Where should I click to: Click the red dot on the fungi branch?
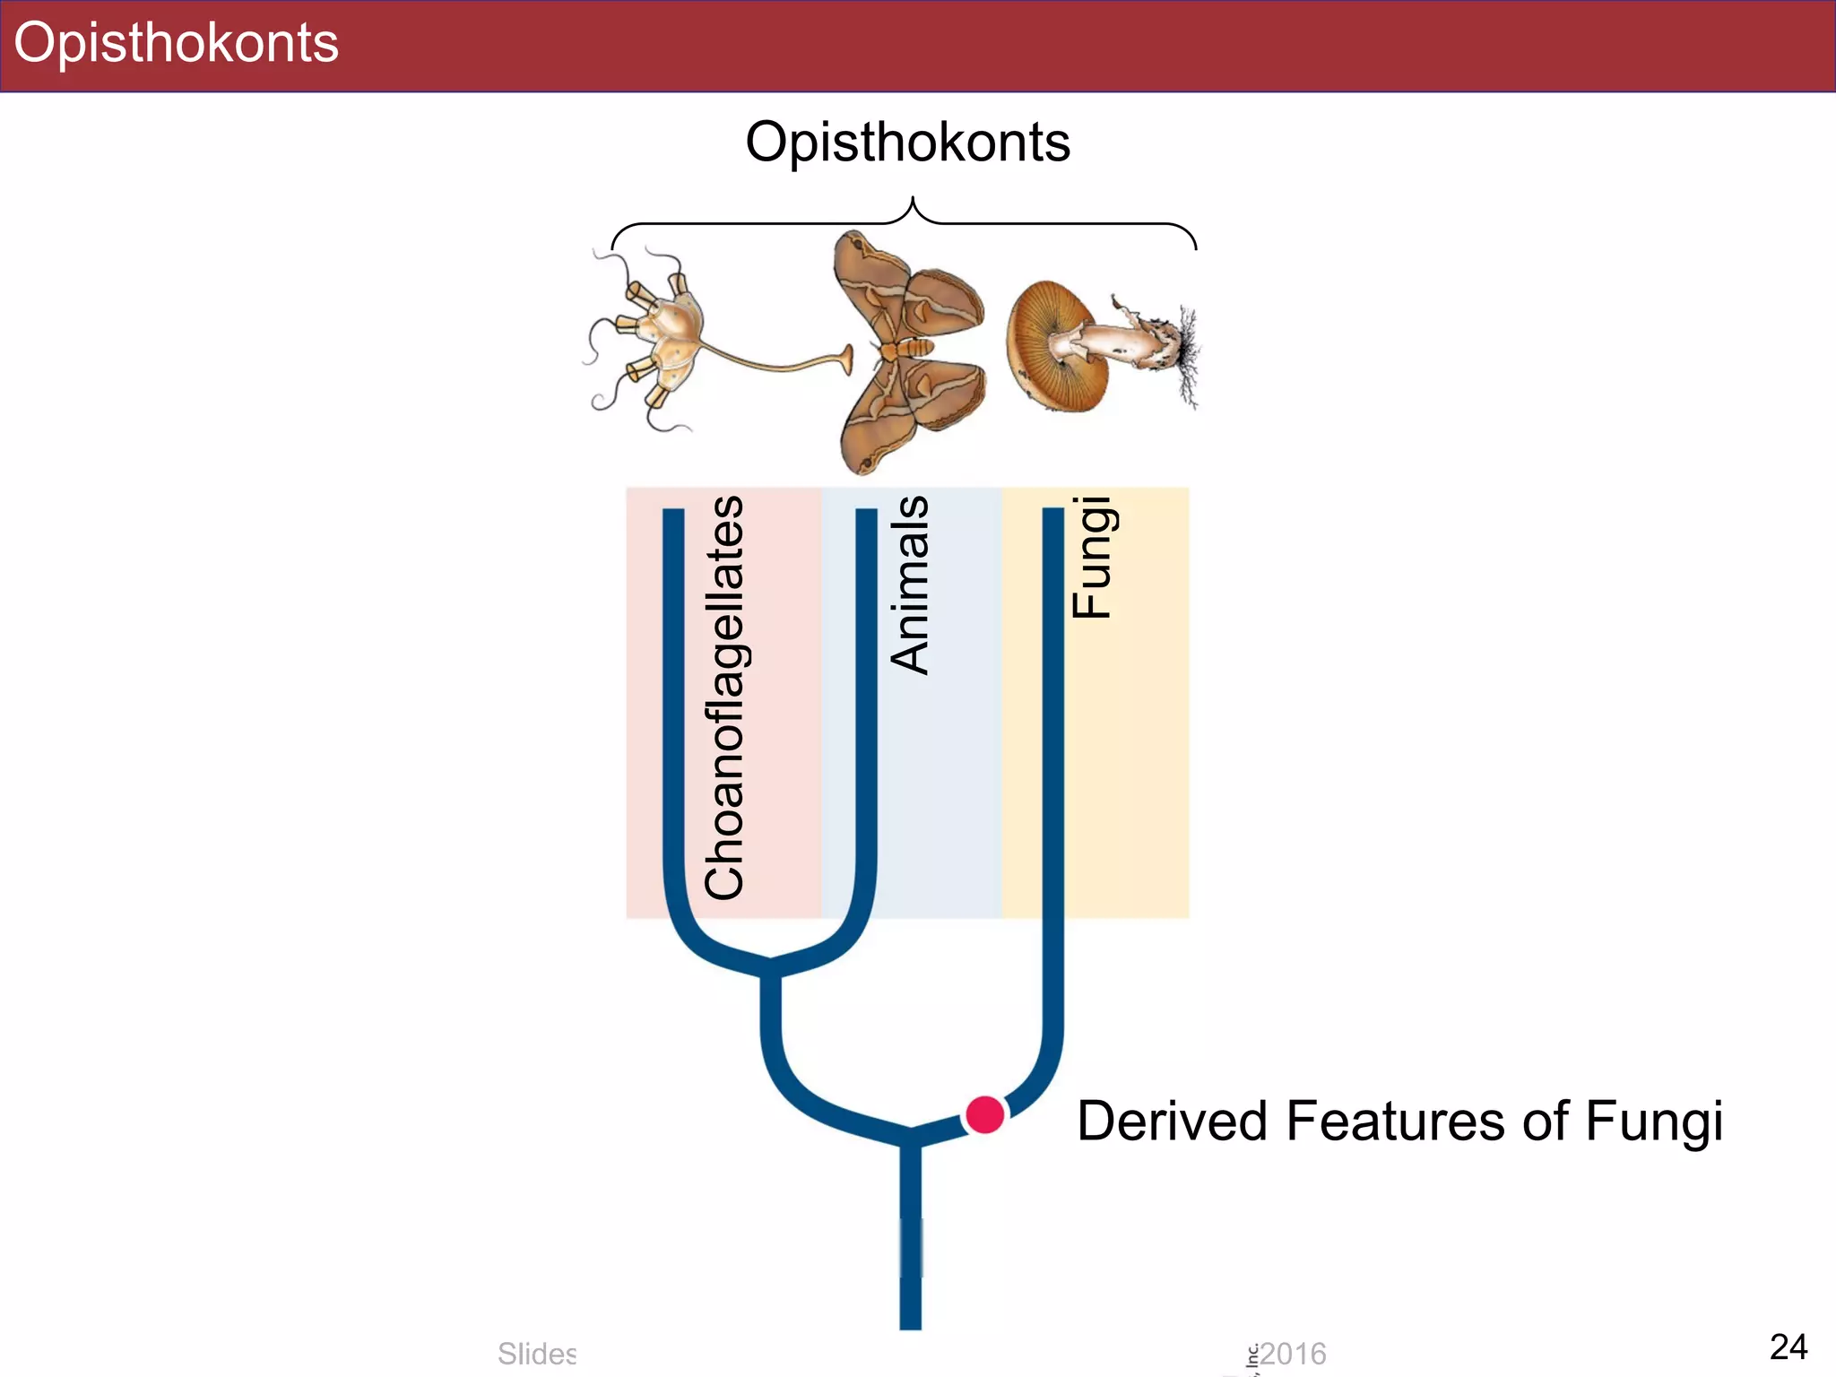point(984,1115)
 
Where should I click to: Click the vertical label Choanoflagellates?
point(724,697)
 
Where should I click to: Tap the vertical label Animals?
point(909,585)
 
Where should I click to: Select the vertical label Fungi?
point(1092,557)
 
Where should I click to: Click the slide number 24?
point(1788,1347)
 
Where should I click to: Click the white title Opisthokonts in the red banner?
point(177,43)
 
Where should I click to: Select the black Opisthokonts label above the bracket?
point(907,143)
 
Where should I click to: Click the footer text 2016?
point(1293,1354)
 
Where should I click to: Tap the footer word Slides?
point(537,1354)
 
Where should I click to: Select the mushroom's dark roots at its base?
point(1187,354)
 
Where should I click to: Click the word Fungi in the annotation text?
point(1653,1122)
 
